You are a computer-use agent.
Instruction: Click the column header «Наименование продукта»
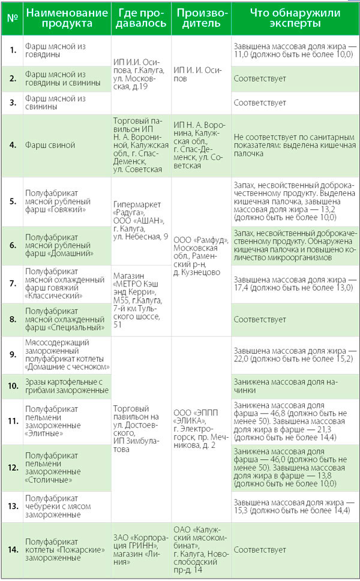67,18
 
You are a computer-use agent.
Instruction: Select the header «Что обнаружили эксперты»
294,18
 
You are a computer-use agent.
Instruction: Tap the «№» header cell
12,18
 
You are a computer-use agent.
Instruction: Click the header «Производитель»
201,18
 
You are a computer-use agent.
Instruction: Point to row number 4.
12,145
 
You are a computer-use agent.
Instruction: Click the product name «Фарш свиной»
50,145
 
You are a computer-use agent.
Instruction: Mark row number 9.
12,354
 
